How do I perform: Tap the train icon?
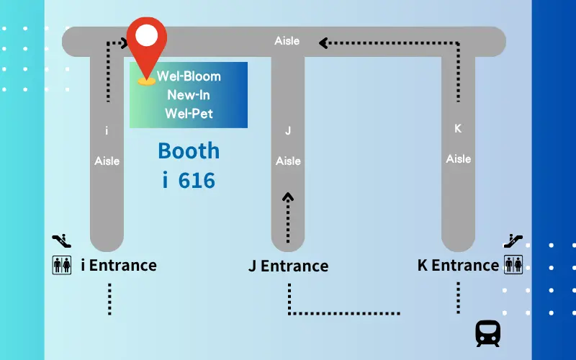pyautogui.click(x=488, y=333)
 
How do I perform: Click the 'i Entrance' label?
pyautogui.click(x=119, y=265)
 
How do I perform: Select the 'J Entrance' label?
pyautogui.click(x=289, y=266)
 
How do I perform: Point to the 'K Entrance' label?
pyautogui.click(x=458, y=265)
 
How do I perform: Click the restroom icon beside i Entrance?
pyautogui.click(x=62, y=265)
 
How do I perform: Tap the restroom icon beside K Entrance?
pyautogui.click(x=513, y=264)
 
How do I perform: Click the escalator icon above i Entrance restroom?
pyautogui.click(x=62, y=240)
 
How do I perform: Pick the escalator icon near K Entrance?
pyautogui.click(x=513, y=240)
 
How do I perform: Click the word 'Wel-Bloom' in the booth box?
pyautogui.click(x=189, y=76)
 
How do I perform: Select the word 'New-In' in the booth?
pyautogui.click(x=189, y=95)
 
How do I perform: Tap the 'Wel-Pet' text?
pyautogui.click(x=189, y=114)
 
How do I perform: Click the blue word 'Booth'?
pyautogui.click(x=189, y=150)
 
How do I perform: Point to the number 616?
pyautogui.click(x=197, y=181)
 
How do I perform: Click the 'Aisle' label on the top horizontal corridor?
pyautogui.click(x=287, y=41)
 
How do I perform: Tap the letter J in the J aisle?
pyautogui.click(x=288, y=131)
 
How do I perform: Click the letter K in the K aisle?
pyautogui.click(x=458, y=129)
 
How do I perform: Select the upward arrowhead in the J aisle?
pyautogui.click(x=288, y=197)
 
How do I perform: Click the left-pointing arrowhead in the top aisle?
pyautogui.click(x=323, y=43)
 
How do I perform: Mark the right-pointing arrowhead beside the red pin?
pyautogui.click(x=125, y=43)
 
